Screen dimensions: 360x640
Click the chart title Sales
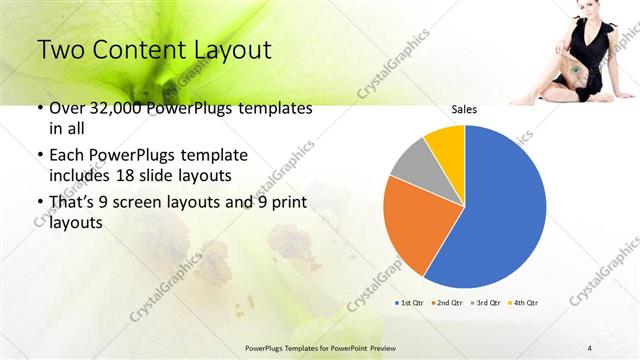pos(464,109)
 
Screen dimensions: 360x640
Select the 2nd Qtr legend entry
pos(450,301)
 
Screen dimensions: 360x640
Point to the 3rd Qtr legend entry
pos(487,301)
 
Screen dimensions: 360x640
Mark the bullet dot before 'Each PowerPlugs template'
pos(40,156)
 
